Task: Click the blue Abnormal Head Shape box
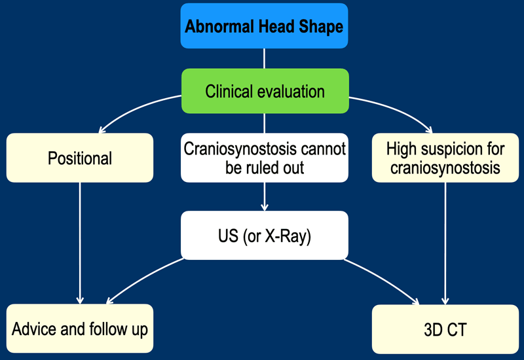265,26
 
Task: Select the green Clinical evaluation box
265,91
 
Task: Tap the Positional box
80,158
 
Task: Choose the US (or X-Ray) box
265,236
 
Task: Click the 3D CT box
445,329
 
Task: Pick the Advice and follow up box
80,329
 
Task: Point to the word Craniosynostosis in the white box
240,149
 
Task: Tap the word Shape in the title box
321,27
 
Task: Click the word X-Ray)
288,236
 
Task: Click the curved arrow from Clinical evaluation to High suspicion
395,109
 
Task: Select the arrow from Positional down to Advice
80,243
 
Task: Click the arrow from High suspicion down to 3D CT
445,243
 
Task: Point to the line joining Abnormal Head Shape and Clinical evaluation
265,59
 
